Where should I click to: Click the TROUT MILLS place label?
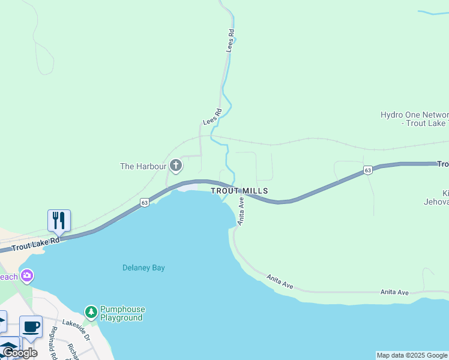coord(239,191)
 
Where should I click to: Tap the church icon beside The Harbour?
coord(176,165)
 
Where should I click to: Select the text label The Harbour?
coord(143,166)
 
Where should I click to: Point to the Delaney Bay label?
coord(143,268)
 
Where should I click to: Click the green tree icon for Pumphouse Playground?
coord(91,311)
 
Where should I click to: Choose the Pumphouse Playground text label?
coord(122,314)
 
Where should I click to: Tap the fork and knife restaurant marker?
coord(59,220)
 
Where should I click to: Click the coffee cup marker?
coord(31,326)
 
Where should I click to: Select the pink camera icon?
coord(27,276)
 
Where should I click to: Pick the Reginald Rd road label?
coord(53,343)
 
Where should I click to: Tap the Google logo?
coord(20,353)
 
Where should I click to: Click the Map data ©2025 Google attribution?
coord(412,355)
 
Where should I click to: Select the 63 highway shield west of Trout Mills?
coord(145,202)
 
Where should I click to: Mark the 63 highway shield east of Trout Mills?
coord(368,171)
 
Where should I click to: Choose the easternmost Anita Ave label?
coord(394,292)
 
